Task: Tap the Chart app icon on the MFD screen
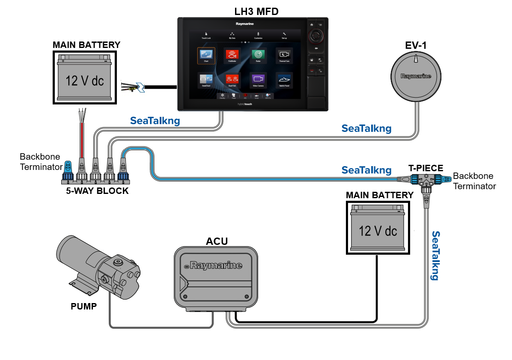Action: point(206,56)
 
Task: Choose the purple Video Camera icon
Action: point(258,80)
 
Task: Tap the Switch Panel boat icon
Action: point(284,80)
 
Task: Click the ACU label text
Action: point(217,241)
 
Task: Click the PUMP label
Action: point(83,306)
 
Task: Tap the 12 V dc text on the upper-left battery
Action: point(84,81)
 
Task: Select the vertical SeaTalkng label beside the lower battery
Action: point(435,256)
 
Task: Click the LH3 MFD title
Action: point(256,11)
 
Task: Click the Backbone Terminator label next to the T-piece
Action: point(474,181)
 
